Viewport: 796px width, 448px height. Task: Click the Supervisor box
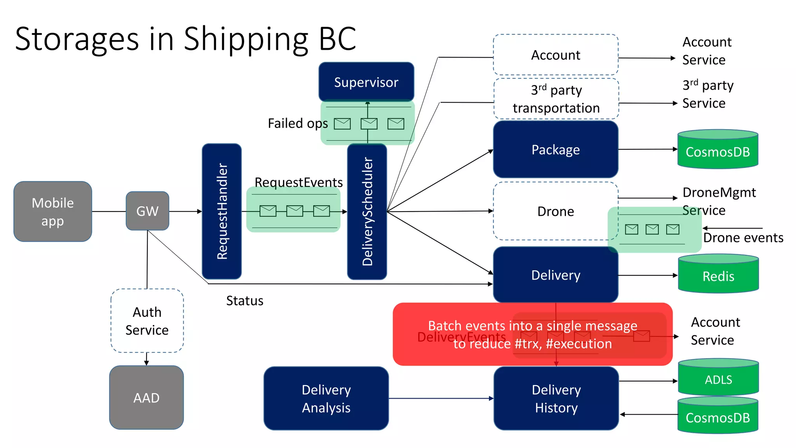click(x=366, y=82)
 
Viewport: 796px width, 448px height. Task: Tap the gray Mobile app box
click(x=53, y=212)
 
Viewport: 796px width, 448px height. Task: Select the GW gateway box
click(x=147, y=211)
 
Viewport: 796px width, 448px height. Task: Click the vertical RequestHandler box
click(x=222, y=211)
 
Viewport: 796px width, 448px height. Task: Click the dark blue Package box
click(x=555, y=149)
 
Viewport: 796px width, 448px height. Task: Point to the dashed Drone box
click(x=555, y=211)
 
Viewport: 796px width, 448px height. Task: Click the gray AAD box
click(x=146, y=397)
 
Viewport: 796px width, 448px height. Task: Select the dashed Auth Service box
click(x=147, y=321)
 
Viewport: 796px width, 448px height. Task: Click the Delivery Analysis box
click(x=326, y=398)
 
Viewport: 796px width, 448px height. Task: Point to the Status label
click(x=244, y=301)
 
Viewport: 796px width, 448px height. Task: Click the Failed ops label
click(x=298, y=123)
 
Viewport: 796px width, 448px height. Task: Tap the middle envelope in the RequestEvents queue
click(x=295, y=211)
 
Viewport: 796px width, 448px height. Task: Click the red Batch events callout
click(x=532, y=334)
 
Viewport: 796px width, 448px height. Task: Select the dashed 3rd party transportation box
click(x=556, y=99)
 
